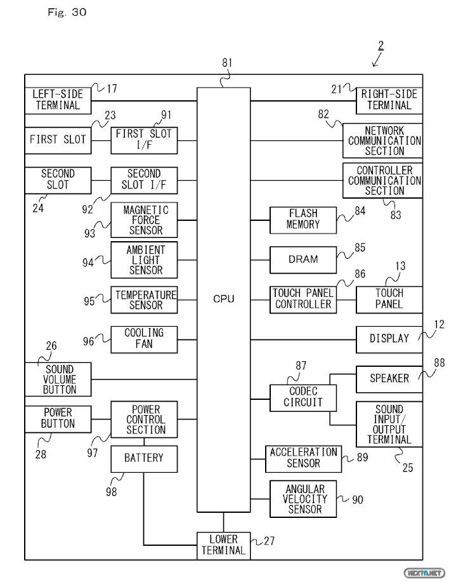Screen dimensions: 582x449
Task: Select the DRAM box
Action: pos(303,259)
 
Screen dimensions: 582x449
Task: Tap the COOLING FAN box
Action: pos(143,338)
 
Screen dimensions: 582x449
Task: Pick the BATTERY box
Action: pos(143,458)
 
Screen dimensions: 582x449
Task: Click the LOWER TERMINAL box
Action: pos(223,545)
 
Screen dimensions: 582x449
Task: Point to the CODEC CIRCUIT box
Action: pos(303,397)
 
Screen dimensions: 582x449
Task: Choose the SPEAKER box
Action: pos(389,378)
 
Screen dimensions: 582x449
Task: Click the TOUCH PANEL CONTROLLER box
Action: pos(303,299)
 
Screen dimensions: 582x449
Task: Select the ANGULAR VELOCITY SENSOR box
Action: pos(303,498)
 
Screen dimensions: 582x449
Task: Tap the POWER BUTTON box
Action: pos(58,418)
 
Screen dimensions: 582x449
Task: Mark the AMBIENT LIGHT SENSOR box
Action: pos(143,259)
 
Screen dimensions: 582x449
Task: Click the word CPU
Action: pos(223,298)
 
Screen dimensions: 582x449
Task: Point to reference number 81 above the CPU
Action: pos(228,62)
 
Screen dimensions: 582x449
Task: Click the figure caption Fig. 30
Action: pos(66,12)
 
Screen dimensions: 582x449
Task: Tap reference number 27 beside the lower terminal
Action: pos(270,541)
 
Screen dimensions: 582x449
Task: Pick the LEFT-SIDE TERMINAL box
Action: pos(58,100)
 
